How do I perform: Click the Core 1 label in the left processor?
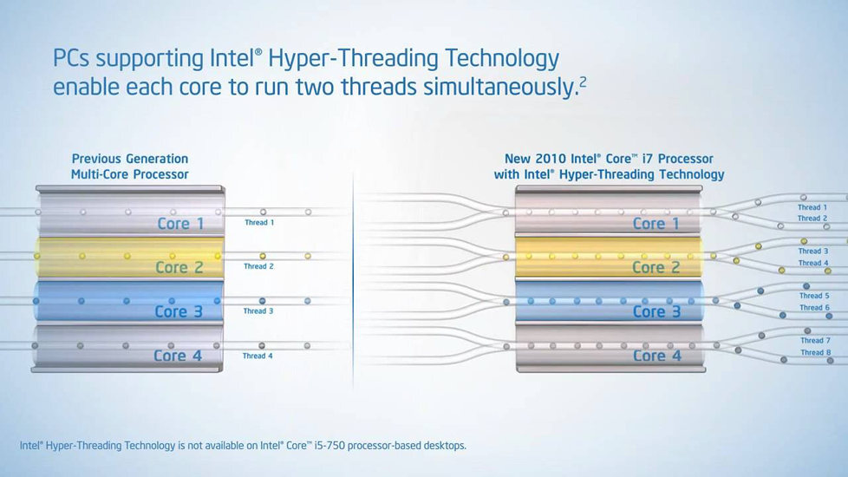[180, 224]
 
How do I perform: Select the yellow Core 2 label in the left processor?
[179, 267]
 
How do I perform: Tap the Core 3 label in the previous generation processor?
[179, 311]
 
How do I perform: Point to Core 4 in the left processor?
[179, 356]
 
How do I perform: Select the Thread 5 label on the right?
[814, 297]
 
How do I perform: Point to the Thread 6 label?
[814, 308]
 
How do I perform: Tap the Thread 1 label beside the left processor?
[258, 223]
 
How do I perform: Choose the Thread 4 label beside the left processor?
[258, 356]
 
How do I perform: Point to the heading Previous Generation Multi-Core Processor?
[130, 167]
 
